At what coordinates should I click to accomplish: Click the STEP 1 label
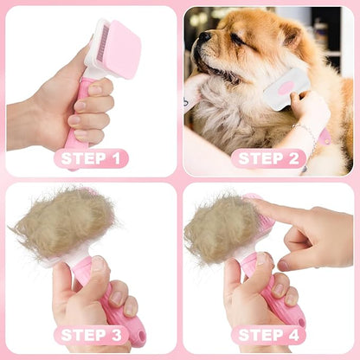91,158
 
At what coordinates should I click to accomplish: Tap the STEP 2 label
268,158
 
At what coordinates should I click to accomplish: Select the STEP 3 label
91,335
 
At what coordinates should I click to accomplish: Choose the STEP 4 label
268,335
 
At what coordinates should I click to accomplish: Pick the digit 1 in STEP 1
115,158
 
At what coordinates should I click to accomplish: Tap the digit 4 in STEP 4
294,335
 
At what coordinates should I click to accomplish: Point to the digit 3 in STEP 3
117,335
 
